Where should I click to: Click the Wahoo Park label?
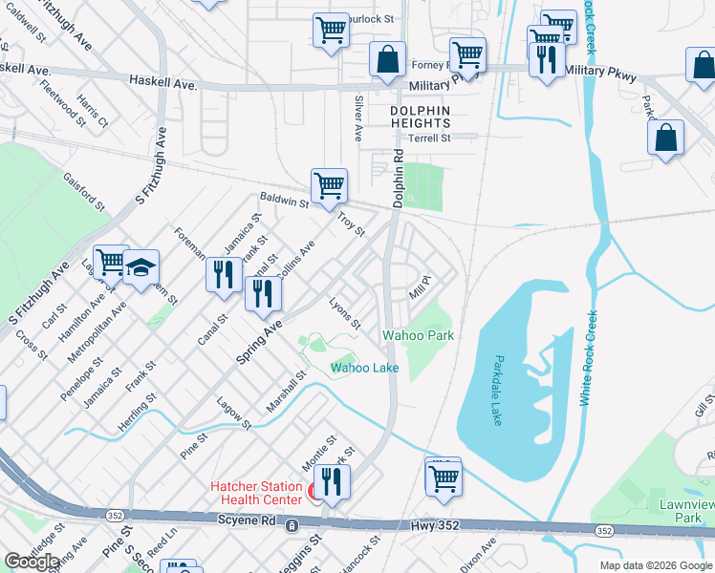pyautogui.click(x=418, y=335)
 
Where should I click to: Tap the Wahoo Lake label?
pyautogui.click(x=364, y=368)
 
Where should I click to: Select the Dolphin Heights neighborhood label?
pyautogui.click(x=420, y=117)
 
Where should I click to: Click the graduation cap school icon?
pyautogui.click(x=141, y=270)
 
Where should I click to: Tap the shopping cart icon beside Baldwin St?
pyautogui.click(x=329, y=185)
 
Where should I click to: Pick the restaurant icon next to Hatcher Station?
pyautogui.click(x=332, y=481)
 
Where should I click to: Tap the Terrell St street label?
pyautogui.click(x=428, y=138)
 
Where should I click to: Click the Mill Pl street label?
pyautogui.click(x=422, y=284)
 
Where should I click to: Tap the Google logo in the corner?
pyautogui.click(x=32, y=561)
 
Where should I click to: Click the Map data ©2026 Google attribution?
pyautogui.click(x=655, y=565)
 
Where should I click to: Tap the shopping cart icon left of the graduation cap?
pyautogui.click(x=111, y=261)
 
